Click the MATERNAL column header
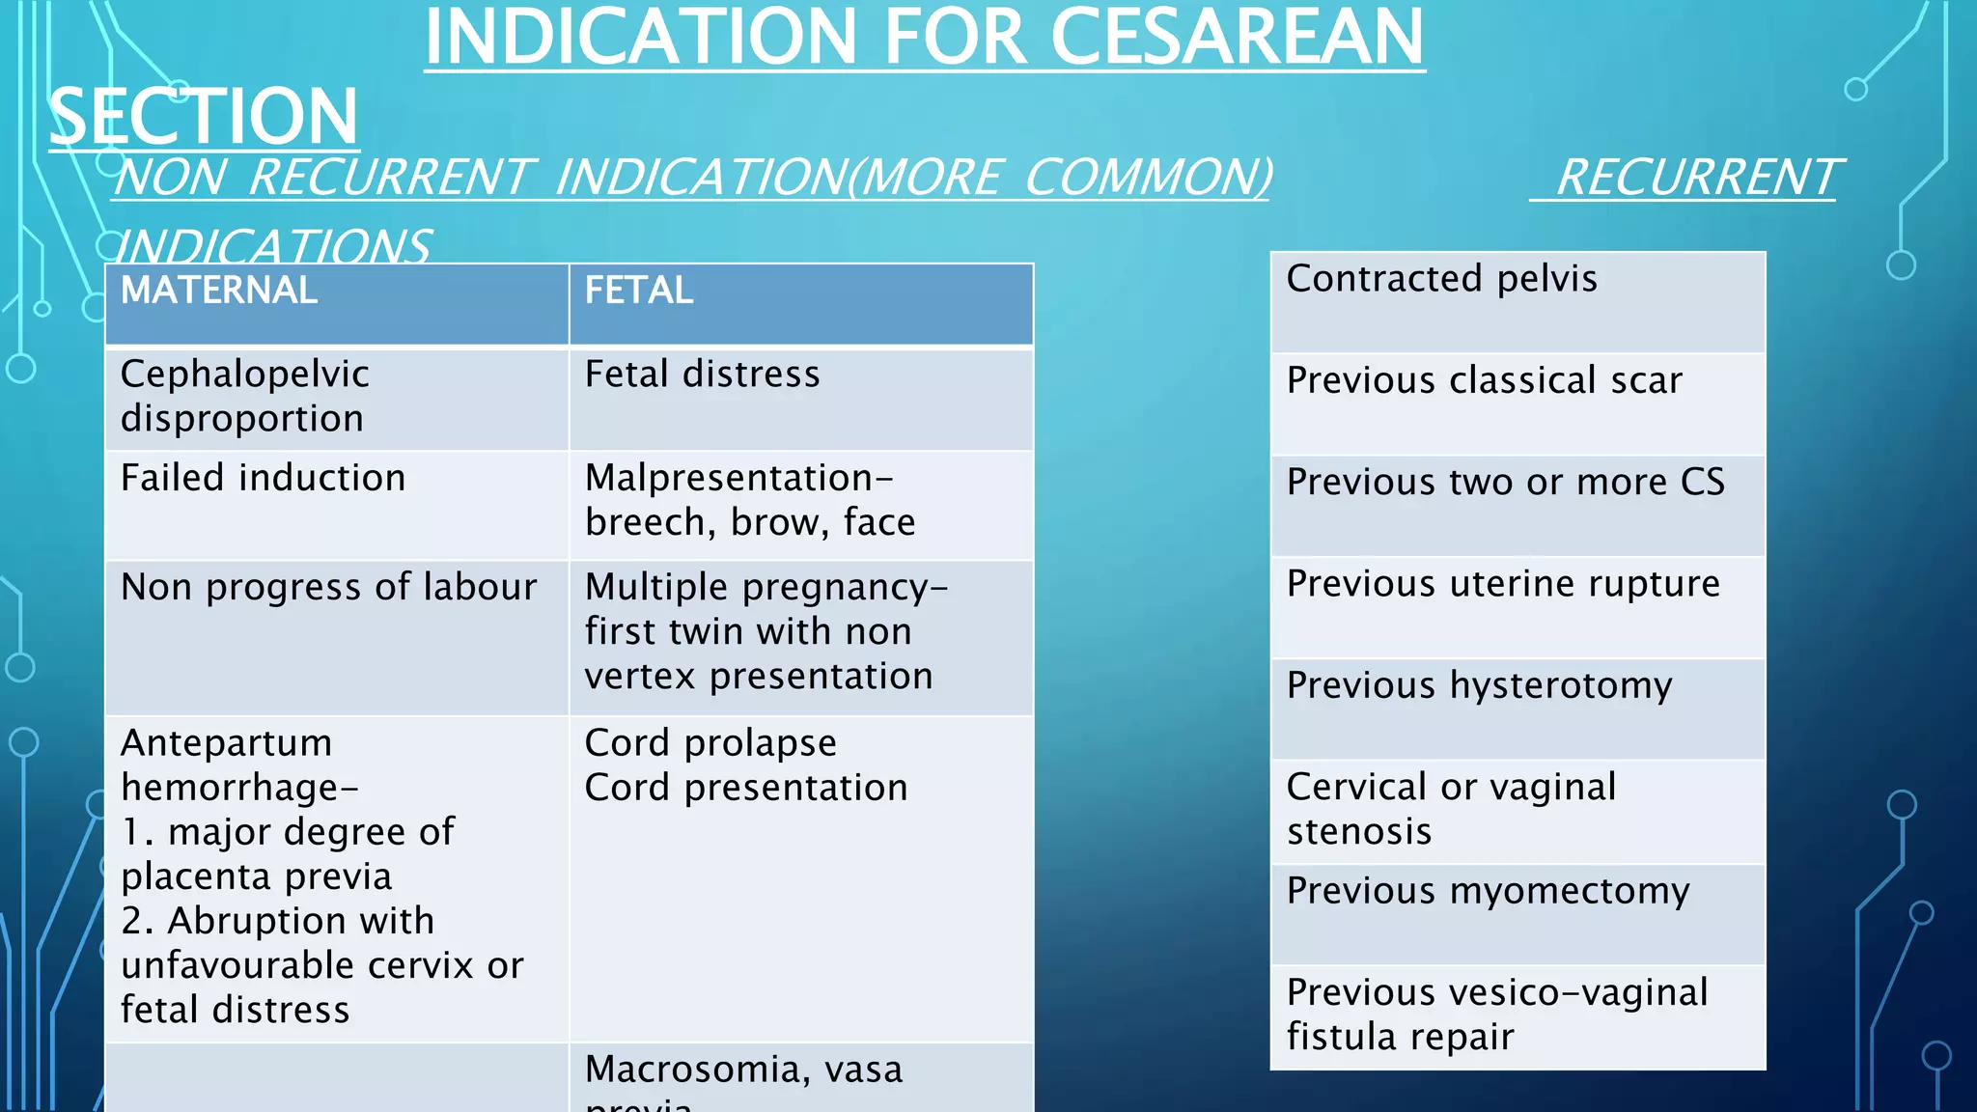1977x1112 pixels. coord(219,291)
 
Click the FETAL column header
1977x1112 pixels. coord(639,291)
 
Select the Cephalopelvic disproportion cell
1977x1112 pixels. coord(244,396)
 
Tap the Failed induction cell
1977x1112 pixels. coord(263,478)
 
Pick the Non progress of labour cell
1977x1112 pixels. coord(328,587)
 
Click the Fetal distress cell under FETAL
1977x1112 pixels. coord(702,375)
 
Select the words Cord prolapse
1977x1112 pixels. coord(710,743)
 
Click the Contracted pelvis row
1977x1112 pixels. coord(1441,279)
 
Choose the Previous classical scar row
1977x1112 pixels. coord(1484,380)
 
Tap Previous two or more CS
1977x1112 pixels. coord(1505,482)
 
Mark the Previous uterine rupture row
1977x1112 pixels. coord(1503,584)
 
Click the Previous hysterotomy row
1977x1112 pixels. coord(1479,685)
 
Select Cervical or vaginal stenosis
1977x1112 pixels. coord(1451,809)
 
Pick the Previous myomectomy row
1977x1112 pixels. coord(1488,891)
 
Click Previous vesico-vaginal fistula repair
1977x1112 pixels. coord(1496,1015)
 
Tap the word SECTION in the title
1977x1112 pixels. coord(204,116)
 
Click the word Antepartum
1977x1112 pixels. coord(226,743)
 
